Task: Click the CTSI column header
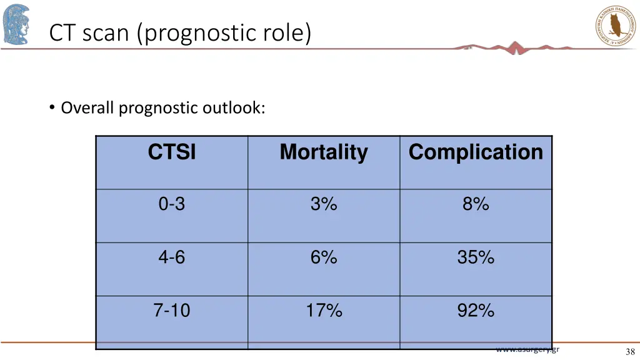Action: pos(172,152)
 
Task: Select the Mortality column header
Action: pos(324,152)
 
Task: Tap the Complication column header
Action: pos(476,152)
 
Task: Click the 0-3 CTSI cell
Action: pos(172,204)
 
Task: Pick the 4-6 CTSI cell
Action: pos(172,257)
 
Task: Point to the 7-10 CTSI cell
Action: pos(172,310)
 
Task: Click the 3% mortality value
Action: pos(324,204)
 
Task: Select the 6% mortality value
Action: pos(324,257)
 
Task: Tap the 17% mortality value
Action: pos(324,310)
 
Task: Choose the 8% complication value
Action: pos(476,204)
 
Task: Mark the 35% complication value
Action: pos(476,257)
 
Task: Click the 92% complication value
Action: pos(476,310)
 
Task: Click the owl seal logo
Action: pos(616,25)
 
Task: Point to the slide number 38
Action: pos(629,352)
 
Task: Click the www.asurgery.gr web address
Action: pos(527,349)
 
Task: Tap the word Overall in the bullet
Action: pos(87,108)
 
